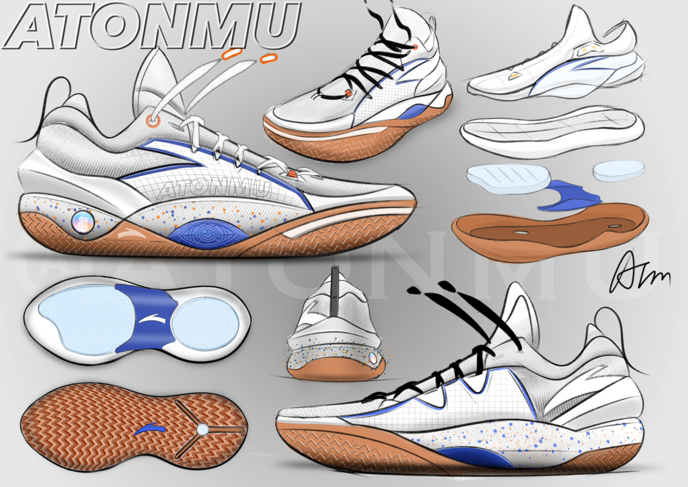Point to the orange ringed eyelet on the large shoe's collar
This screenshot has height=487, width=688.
tap(153, 121)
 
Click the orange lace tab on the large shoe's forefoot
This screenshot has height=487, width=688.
tap(292, 174)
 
